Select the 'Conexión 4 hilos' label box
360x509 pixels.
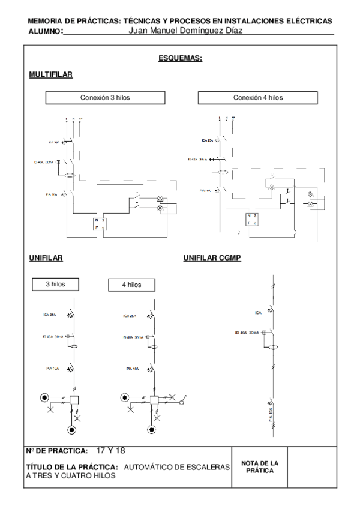pyautogui.click(x=258, y=97)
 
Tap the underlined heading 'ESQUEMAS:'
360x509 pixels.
pyautogui.click(x=180, y=58)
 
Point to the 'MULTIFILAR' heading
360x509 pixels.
pyautogui.click(x=50, y=74)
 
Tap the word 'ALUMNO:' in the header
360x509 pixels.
pyautogui.click(x=46, y=31)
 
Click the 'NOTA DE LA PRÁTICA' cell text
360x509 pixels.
pyautogui.click(x=260, y=466)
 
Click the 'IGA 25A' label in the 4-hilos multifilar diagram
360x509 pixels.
pyautogui.click(x=208, y=140)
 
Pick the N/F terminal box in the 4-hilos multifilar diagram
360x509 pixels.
pyautogui.click(x=252, y=220)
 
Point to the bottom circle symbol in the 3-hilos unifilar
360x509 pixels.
pyautogui.click(x=72, y=430)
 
